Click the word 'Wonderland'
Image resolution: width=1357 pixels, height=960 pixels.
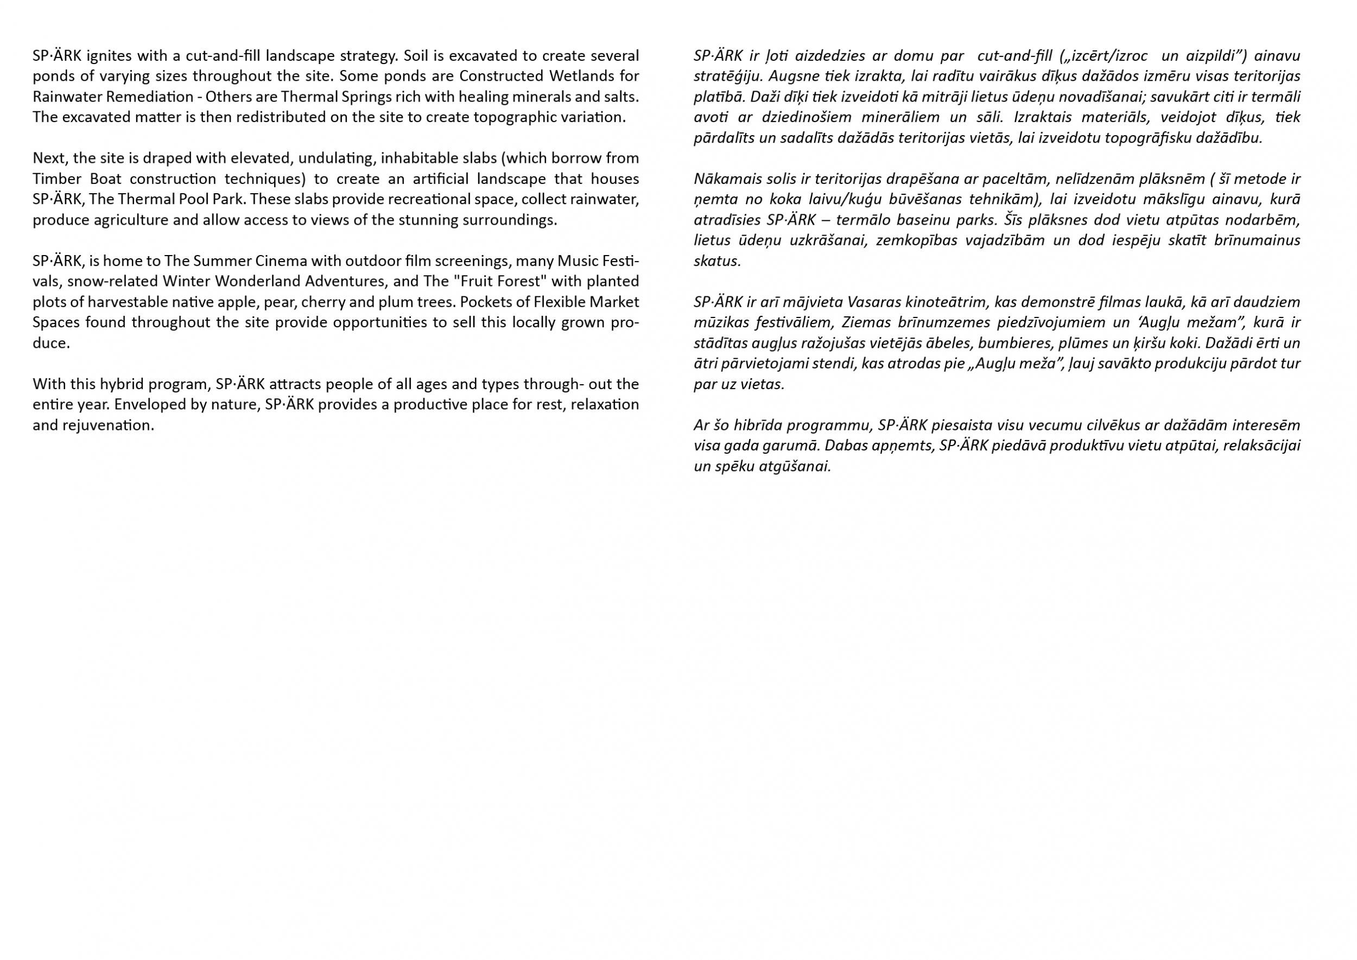point(252,281)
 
